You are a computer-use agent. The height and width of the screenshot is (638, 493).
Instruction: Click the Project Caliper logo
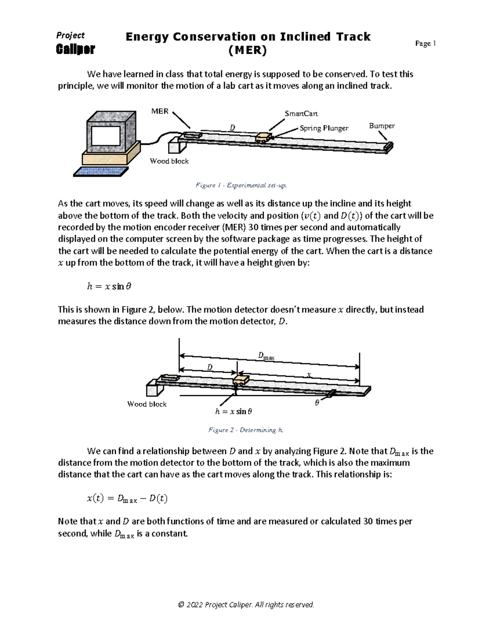pos(75,43)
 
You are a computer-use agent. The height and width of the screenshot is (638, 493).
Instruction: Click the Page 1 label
pos(425,44)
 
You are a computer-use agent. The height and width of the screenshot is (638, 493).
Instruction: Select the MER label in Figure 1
pos(160,111)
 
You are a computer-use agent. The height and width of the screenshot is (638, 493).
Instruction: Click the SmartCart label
pos(301,113)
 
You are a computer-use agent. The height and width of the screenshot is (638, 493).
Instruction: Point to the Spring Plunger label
pos(324,128)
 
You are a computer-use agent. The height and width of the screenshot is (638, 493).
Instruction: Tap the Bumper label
pos(382,126)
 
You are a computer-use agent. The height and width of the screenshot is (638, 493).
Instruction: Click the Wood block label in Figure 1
pos(169,161)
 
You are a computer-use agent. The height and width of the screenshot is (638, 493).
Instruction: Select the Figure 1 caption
pos(241,185)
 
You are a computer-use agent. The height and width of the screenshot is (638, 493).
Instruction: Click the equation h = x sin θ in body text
pos(109,286)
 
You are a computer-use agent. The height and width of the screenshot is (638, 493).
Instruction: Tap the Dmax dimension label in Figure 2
pos(266,356)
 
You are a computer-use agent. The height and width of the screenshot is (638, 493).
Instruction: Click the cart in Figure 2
pos(241,380)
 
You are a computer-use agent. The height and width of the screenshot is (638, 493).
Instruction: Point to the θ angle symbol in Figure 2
pos(317,403)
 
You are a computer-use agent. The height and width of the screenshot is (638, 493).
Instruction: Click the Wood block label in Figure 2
pos(147,404)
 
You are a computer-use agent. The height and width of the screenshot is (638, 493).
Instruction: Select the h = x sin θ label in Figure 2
pos(233,411)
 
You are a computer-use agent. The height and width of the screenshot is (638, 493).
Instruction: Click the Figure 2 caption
pos(246,430)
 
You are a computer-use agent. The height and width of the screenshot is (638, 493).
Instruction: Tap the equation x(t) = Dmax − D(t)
pos(127,499)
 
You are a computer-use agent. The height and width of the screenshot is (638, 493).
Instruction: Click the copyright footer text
pos(246,604)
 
